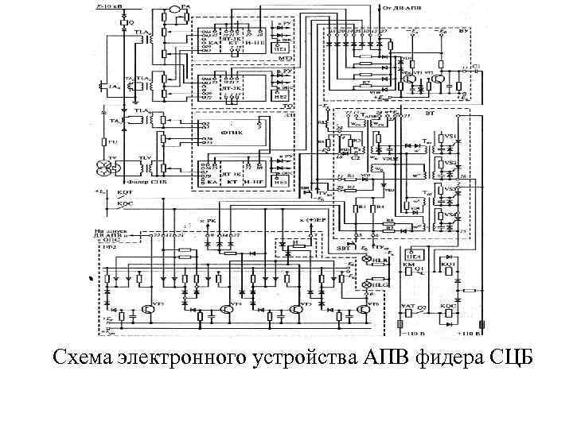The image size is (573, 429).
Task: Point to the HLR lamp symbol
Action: click(366, 261)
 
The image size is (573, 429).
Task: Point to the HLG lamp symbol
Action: click(366, 283)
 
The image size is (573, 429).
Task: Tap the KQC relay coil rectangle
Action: click(450, 312)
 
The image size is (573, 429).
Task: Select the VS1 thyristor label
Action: click(450, 137)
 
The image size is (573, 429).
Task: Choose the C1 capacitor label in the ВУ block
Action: click(475, 67)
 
